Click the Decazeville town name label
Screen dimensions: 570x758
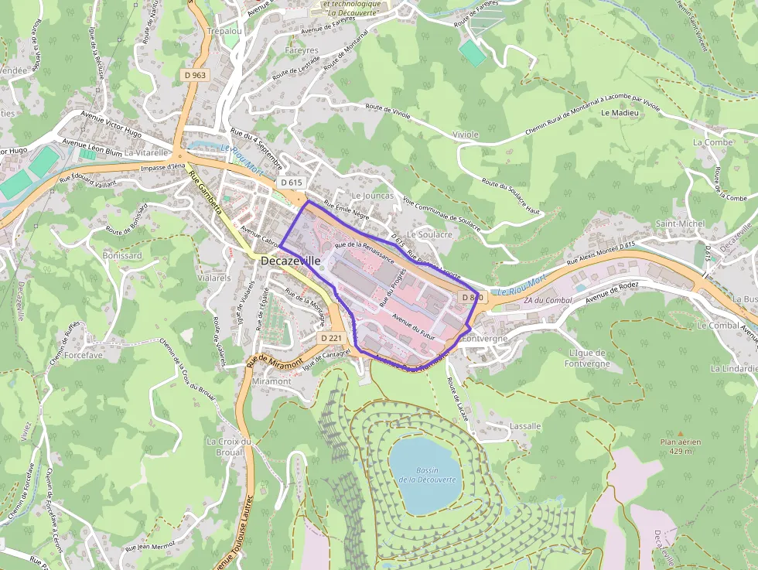click(290, 261)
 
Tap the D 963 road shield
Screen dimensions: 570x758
click(196, 75)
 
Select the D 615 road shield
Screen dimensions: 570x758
click(292, 183)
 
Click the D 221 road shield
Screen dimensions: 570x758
click(331, 338)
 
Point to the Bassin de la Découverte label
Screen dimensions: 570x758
click(427, 475)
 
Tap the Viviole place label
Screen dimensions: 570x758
click(466, 135)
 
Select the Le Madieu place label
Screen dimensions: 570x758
click(620, 113)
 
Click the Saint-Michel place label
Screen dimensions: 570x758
click(680, 224)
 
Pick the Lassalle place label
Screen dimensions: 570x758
click(525, 426)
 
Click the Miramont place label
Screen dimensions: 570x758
click(271, 381)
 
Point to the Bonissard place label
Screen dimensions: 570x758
click(122, 255)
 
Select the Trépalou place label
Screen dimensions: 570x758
click(225, 32)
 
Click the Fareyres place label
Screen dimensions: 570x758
click(302, 51)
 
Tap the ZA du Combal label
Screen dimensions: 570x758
click(542, 300)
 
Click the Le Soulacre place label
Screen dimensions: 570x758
click(429, 234)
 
